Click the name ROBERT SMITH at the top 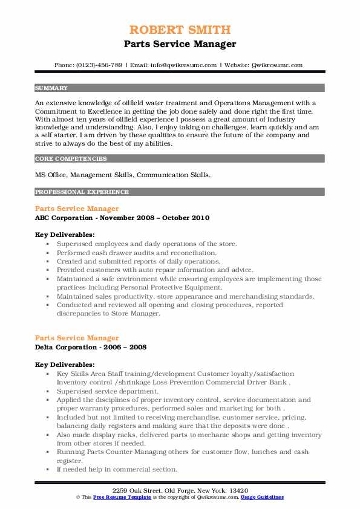tap(180, 30)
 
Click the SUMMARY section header tap(52, 88)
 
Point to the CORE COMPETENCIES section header tap(71, 159)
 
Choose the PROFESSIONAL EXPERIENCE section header tap(82, 192)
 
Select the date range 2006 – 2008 tap(128, 347)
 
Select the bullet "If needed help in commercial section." tap(117, 470)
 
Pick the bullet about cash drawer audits tap(136, 253)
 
